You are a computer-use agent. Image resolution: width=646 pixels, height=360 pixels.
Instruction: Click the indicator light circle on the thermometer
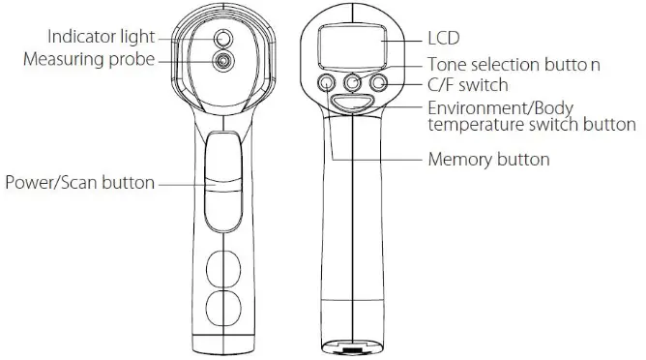point(223,39)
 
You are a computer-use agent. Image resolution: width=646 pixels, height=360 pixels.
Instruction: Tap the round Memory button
point(328,83)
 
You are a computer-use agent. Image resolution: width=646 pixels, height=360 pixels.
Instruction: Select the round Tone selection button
point(354,83)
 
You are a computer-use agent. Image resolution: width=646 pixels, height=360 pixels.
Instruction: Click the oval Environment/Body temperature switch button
point(354,103)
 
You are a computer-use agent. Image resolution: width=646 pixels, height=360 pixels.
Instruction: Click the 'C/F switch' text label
point(468,84)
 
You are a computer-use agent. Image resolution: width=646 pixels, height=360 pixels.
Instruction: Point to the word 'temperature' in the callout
point(474,125)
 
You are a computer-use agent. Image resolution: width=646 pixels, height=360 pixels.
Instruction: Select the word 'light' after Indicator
point(136,37)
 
